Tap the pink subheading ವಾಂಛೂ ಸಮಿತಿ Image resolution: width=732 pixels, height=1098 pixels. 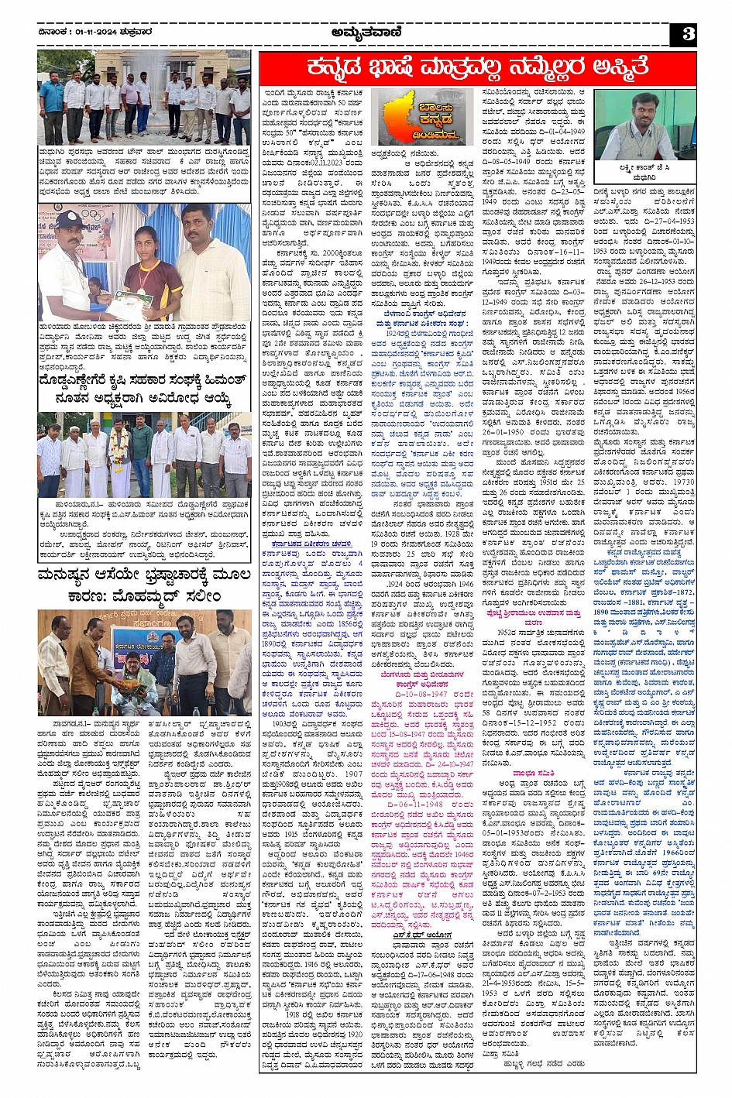531,773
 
